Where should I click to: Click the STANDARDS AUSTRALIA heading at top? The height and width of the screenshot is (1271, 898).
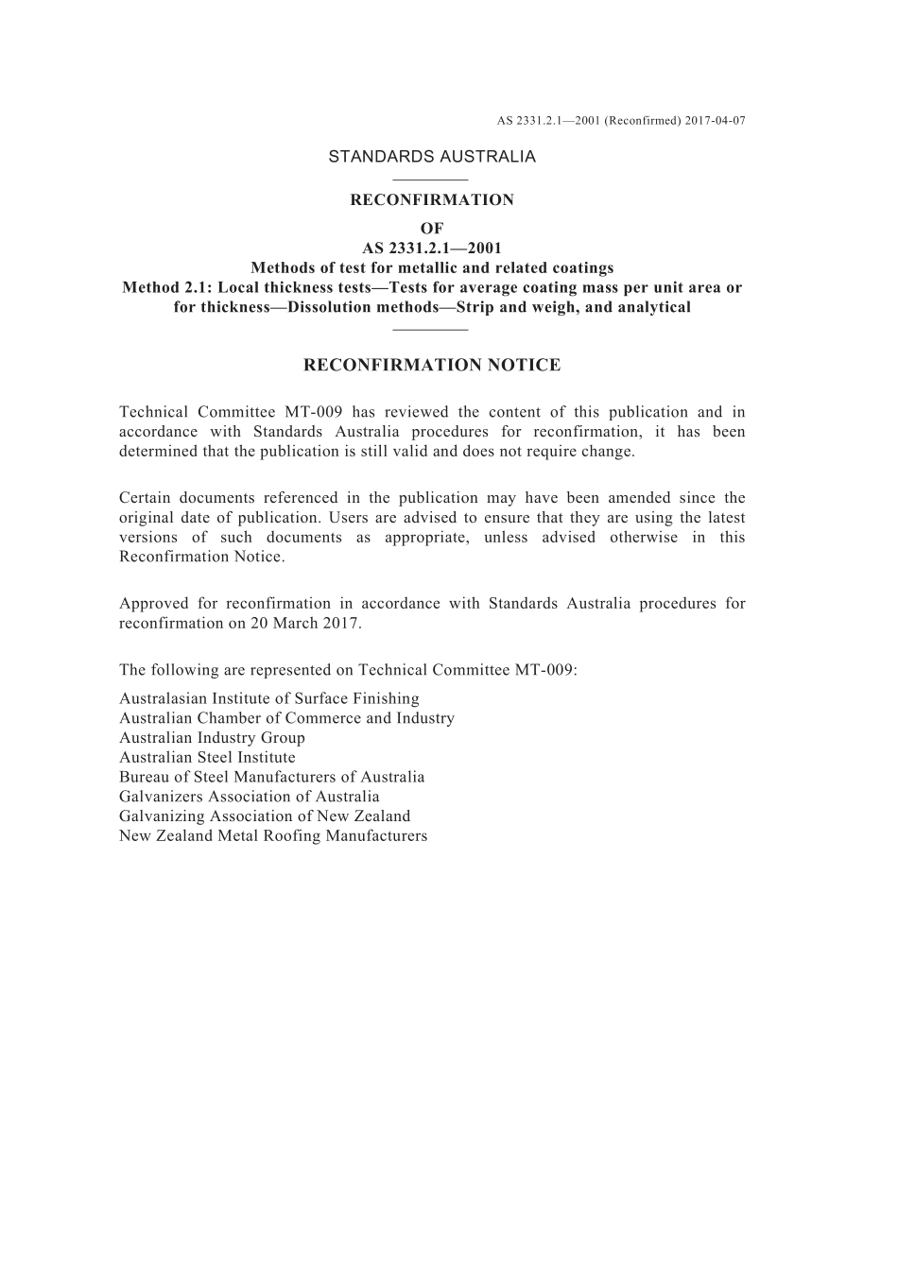(x=432, y=157)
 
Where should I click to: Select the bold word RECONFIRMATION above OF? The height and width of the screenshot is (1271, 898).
(x=432, y=200)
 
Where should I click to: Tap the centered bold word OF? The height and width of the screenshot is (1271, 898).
(x=432, y=229)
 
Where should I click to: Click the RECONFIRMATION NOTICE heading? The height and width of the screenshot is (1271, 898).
(x=432, y=365)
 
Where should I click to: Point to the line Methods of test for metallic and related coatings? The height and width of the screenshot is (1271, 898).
(x=432, y=267)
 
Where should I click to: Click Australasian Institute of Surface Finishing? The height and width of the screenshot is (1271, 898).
(x=269, y=698)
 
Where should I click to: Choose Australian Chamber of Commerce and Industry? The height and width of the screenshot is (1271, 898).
(x=286, y=718)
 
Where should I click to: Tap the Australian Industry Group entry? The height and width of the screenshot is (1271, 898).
(x=212, y=738)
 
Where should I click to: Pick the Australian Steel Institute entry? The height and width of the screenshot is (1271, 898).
(x=207, y=758)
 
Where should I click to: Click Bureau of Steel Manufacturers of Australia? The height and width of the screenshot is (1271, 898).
(x=272, y=777)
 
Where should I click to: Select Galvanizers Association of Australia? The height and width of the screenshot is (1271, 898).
(x=250, y=797)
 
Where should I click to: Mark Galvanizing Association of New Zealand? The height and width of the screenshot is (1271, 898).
(x=265, y=816)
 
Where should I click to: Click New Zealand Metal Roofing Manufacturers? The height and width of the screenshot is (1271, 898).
(x=273, y=836)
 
